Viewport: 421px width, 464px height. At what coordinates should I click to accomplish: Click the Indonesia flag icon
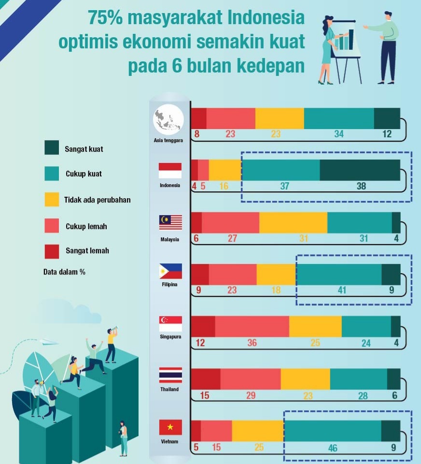[x=170, y=171]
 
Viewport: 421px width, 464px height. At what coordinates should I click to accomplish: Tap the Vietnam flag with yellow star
[x=170, y=427]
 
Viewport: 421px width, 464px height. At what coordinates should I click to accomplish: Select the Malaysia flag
[x=170, y=223]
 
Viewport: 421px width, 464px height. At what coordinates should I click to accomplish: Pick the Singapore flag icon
[x=170, y=323]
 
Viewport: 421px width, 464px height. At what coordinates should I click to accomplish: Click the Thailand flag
[x=170, y=375]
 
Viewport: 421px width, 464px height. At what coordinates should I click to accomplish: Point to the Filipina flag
[x=170, y=271]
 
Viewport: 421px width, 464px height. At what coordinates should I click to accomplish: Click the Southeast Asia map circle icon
[x=168, y=119]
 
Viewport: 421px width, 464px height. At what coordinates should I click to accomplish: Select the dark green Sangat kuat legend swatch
[x=52, y=148]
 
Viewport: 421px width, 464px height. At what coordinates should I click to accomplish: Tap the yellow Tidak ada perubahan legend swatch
[x=52, y=200]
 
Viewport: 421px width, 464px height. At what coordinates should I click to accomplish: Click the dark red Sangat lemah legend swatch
[x=52, y=251]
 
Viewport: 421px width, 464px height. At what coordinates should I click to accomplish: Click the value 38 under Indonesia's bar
[x=361, y=186]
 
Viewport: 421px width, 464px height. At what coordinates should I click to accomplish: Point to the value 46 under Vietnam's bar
[x=332, y=448]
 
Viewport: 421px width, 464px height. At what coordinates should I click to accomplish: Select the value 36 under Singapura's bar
[x=252, y=343]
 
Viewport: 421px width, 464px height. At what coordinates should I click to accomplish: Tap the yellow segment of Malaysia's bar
[x=293, y=222]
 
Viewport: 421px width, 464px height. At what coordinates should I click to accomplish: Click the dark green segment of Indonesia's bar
[x=360, y=170]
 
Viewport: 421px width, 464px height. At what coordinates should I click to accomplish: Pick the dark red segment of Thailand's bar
[x=206, y=378]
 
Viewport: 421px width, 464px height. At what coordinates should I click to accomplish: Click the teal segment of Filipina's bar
[x=338, y=274]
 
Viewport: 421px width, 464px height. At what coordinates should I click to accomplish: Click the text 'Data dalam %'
[x=64, y=272]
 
